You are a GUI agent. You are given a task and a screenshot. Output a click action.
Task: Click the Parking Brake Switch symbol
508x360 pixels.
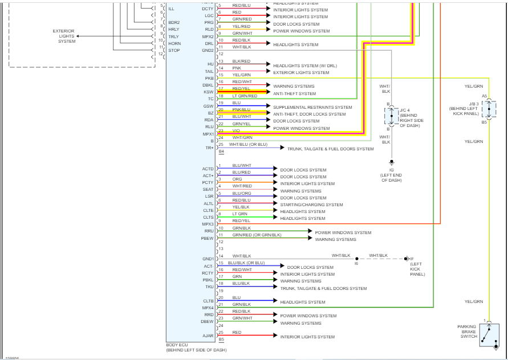coord(488,336)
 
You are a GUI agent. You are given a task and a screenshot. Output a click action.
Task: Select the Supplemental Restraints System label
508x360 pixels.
coord(312,107)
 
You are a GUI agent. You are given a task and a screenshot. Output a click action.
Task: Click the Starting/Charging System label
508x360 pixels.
coord(311,204)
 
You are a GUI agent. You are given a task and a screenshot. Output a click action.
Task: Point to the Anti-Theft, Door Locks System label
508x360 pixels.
coord(309,114)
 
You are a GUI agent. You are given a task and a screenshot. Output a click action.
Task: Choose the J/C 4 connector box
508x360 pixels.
coord(391,115)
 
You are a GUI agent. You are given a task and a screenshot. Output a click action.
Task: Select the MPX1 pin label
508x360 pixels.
coord(208,134)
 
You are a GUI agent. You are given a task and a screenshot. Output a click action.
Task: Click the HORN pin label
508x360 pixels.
coord(174,43)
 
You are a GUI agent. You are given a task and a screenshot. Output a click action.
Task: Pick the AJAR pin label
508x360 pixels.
coord(208,336)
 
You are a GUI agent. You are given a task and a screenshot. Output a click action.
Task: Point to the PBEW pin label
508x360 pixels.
coord(208,238)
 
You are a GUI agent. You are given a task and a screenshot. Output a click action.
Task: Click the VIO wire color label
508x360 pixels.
coord(236,130)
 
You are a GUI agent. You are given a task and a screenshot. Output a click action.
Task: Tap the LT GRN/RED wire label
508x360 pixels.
coord(245,96)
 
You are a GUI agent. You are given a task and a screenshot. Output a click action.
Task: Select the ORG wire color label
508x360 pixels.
coord(237,179)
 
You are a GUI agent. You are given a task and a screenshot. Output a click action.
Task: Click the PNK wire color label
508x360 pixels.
coord(237,68)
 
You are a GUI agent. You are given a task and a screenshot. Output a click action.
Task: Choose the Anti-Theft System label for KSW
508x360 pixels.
coord(294,93)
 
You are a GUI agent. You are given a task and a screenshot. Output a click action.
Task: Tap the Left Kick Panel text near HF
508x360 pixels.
coord(417,269)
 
